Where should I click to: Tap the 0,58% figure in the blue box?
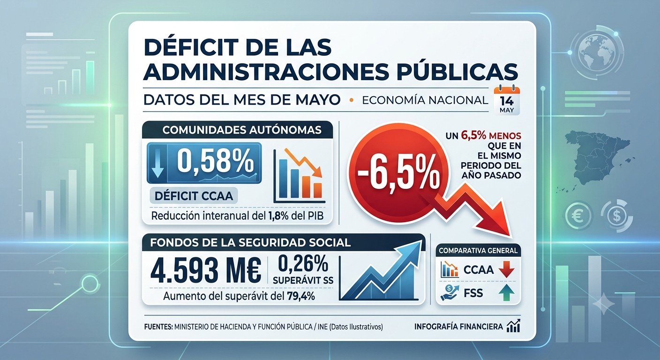pos(215,161)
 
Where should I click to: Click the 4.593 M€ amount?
pos(206,270)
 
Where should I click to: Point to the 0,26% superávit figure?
pos(303,263)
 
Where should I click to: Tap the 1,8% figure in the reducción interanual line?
pos(278,216)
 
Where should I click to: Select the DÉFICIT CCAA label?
pos(194,196)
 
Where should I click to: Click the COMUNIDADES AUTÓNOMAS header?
pos(241,130)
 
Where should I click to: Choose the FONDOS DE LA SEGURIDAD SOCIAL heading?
pos(250,242)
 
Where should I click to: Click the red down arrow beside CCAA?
pos(507,269)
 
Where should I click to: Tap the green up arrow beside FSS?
pos(507,293)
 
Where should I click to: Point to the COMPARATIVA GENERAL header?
pos(478,251)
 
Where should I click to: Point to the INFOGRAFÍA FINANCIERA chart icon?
pos(513,326)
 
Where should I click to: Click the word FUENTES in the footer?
pos(158,327)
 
